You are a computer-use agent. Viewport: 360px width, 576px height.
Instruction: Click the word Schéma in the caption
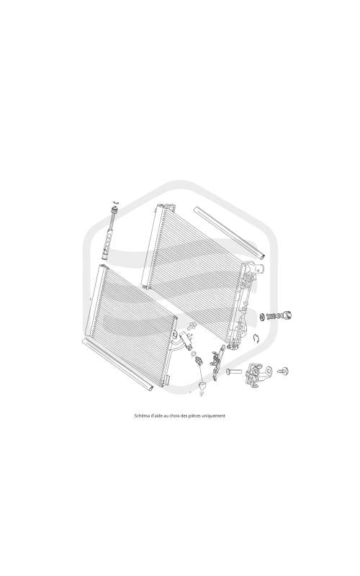pos(140,416)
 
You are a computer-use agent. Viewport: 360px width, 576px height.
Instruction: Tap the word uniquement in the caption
pos(215,416)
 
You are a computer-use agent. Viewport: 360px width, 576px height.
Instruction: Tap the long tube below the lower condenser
pos(117,364)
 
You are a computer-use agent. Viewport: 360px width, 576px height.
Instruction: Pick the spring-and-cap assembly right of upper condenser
pos(276,315)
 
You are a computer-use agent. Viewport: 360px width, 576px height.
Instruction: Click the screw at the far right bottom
pos(283,371)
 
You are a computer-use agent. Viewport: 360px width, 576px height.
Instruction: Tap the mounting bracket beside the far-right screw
pos(258,374)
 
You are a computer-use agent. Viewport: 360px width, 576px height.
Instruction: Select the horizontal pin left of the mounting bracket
pos(233,372)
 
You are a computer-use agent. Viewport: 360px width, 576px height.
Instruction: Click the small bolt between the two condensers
pos(192,325)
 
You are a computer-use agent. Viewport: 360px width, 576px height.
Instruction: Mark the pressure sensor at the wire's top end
pos(199,360)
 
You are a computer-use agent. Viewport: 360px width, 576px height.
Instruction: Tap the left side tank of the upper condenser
pos(150,246)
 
